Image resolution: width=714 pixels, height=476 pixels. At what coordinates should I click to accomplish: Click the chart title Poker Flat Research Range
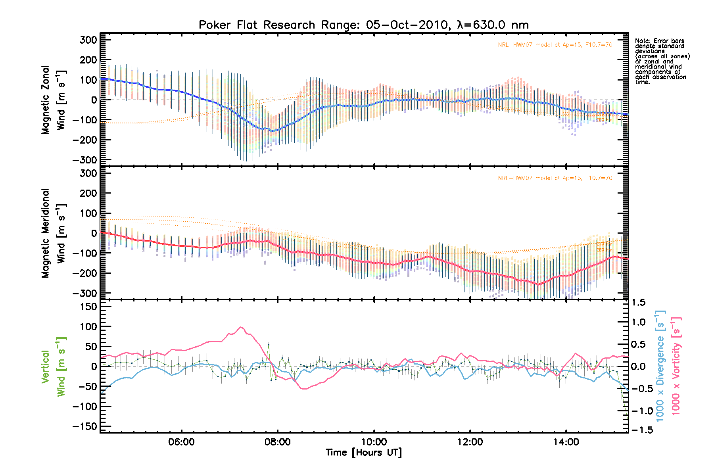pyautogui.click(x=363, y=25)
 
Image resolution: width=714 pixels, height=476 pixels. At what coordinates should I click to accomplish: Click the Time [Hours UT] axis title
pyautogui.click(x=363, y=453)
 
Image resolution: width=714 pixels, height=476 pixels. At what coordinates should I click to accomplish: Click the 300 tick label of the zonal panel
pyautogui.click(x=88, y=40)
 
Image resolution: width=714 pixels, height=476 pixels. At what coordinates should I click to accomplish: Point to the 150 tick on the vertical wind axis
pyautogui.click(x=88, y=307)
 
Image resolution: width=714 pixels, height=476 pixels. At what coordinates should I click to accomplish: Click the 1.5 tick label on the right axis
pyautogui.click(x=638, y=303)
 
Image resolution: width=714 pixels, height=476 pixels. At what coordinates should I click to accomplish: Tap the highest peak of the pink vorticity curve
pyautogui.click(x=241, y=327)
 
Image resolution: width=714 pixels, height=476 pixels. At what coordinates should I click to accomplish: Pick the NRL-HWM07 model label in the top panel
pyautogui.click(x=555, y=45)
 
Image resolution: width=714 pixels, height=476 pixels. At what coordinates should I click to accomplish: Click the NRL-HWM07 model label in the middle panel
pyautogui.click(x=555, y=178)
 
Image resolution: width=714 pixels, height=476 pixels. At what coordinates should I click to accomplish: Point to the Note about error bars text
pyautogui.click(x=662, y=61)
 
